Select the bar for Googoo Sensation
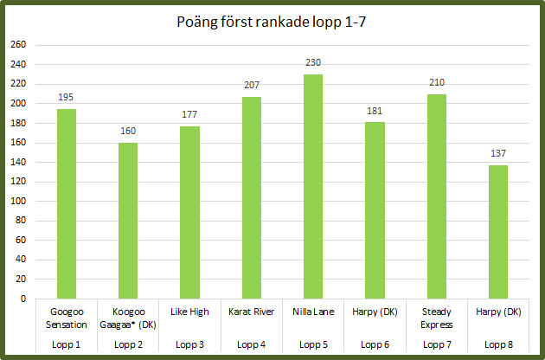coord(66,203)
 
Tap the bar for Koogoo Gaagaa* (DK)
coord(127,221)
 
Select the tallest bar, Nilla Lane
coord(313,186)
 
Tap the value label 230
coord(313,62)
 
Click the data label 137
coord(498,153)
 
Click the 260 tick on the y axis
coord(17,45)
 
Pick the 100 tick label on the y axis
coord(17,201)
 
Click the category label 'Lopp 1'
coord(66,344)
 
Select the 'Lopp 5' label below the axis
coord(313,344)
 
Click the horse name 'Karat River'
coord(252,312)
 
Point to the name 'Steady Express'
coord(437,318)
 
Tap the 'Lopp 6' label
coord(375,344)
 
